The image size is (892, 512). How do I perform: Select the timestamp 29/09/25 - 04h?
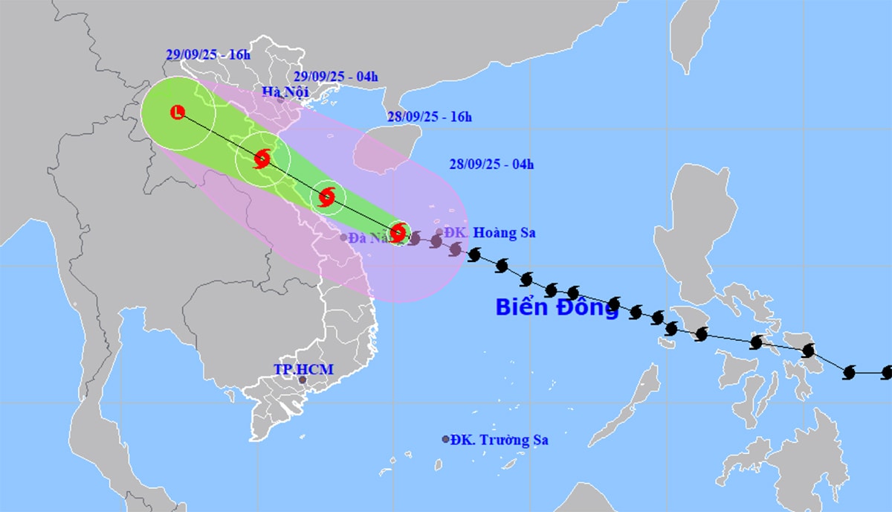(x=335, y=76)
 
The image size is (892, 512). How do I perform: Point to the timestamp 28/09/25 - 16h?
(x=430, y=117)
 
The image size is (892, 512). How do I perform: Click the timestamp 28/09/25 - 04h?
(x=491, y=164)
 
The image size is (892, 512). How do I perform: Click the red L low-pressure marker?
(x=177, y=112)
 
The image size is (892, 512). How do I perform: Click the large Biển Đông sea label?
(x=557, y=307)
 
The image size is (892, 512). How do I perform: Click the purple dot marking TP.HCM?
(x=303, y=380)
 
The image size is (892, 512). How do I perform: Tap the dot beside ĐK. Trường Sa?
(x=445, y=440)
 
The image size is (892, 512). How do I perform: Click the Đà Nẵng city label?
(x=369, y=238)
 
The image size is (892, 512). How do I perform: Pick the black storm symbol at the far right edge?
(x=887, y=371)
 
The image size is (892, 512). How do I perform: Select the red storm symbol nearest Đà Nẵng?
(x=398, y=232)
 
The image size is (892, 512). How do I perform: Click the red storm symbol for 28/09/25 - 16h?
(x=327, y=197)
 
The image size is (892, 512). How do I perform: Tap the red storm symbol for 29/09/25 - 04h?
(x=262, y=159)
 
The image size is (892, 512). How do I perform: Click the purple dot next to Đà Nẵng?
(x=343, y=237)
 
